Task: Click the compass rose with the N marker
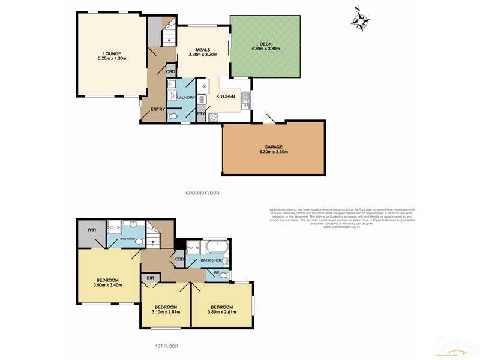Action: click(360, 20)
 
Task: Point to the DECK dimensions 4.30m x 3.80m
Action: click(265, 49)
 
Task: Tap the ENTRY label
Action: click(158, 109)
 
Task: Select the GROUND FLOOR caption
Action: click(203, 193)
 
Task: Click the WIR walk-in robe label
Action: click(92, 230)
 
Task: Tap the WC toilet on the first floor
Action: click(223, 275)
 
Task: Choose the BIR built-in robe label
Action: click(150, 278)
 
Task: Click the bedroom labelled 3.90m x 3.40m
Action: click(108, 283)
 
